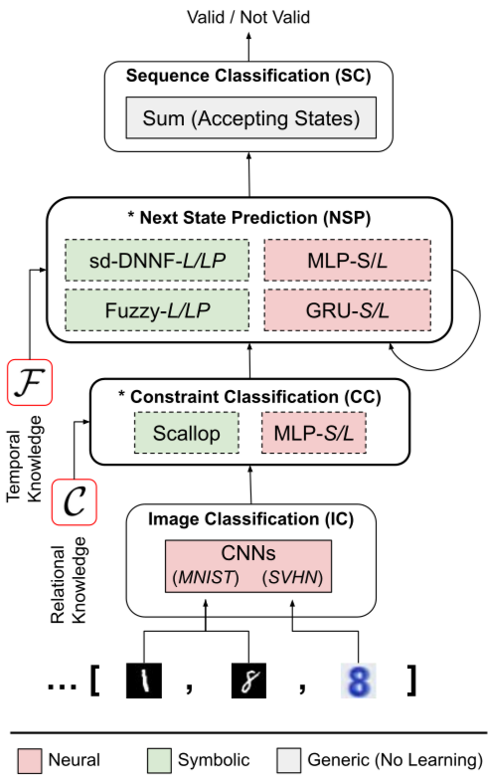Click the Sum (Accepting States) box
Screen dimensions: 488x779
coord(251,117)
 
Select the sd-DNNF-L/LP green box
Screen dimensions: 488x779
coord(157,261)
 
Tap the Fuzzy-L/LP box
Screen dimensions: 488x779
coord(157,310)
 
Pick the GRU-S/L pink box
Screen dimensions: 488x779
coord(348,310)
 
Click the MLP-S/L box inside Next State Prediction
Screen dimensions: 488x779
coord(348,261)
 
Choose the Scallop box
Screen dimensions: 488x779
coord(187,433)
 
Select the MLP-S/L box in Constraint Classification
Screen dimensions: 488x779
coord(314,433)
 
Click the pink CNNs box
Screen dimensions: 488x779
coord(248,566)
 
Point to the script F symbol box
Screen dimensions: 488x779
coord(30,383)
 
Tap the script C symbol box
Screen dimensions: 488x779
coord(75,501)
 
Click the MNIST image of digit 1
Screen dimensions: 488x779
coord(144,681)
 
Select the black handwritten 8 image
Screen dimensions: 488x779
coord(248,681)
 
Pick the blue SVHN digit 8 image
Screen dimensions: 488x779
coord(359,681)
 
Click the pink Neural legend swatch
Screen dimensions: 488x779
coord(29,761)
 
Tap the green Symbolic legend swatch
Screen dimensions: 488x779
coord(159,761)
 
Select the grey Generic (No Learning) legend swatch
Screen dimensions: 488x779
coord(289,761)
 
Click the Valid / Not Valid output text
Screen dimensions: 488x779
coord(248,17)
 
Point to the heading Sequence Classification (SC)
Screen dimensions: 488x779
coord(248,76)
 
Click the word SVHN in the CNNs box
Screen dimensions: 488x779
coord(293,577)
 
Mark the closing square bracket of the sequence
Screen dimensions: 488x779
coord(411,681)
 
